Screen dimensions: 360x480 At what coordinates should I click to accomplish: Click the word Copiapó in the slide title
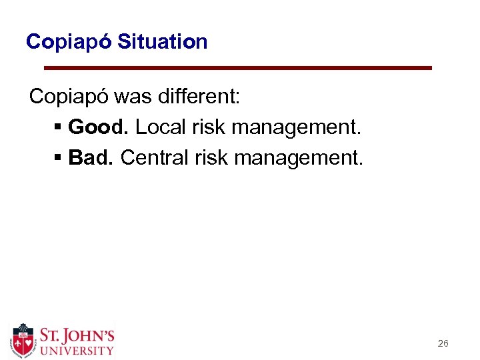tap(69, 42)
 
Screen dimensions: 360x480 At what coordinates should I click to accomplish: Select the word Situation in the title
tap(162, 42)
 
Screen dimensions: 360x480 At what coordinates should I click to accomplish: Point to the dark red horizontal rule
tap(237, 68)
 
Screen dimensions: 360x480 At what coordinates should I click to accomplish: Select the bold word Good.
tap(98, 127)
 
